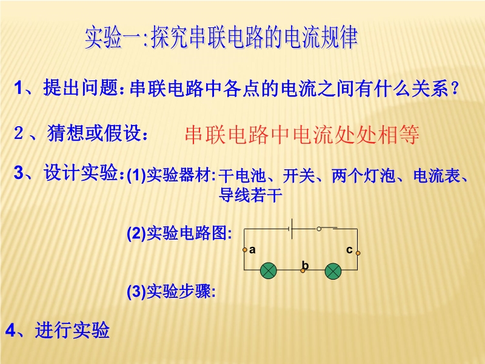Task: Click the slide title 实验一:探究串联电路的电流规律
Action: (221, 38)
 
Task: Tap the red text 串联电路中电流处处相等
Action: (302, 135)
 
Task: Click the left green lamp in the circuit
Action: (269, 271)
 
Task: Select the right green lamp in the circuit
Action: (333, 271)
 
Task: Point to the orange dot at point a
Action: (245, 249)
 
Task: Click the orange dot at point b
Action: (303, 271)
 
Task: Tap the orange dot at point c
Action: (358, 253)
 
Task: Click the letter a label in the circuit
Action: (252, 250)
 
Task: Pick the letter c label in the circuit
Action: (349, 249)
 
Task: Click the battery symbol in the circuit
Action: (291, 229)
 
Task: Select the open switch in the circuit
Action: (327, 229)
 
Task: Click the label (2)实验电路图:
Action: (179, 233)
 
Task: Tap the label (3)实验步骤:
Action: (171, 291)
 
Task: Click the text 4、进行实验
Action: (58, 329)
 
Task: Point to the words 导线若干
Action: (250, 195)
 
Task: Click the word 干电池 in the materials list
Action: (242, 175)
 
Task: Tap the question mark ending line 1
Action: (455, 89)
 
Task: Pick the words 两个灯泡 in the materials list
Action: (363, 175)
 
